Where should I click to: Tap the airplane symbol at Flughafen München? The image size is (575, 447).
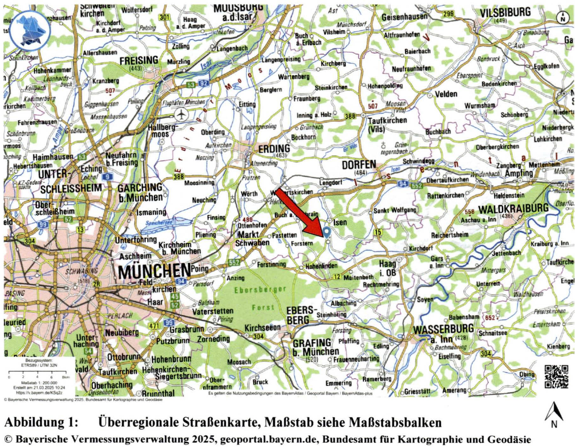click(x=181, y=114)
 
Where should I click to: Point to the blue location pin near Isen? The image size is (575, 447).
click(x=327, y=233)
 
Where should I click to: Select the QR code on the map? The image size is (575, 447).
click(x=556, y=376)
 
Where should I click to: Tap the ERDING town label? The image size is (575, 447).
click(x=274, y=149)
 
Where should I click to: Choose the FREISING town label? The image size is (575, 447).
click(x=139, y=60)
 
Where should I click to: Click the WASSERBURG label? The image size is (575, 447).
click(x=443, y=329)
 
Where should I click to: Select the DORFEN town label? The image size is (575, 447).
click(x=359, y=165)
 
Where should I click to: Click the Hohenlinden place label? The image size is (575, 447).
click(x=321, y=266)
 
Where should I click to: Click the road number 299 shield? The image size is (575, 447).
click(x=448, y=14)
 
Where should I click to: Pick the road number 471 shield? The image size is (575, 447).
click(x=154, y=326)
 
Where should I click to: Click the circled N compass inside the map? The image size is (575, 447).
click(x=563, y=17)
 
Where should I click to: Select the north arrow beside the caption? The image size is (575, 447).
click(x=554, y=415)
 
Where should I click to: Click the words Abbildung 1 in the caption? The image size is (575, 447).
click(x=41, y=422)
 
